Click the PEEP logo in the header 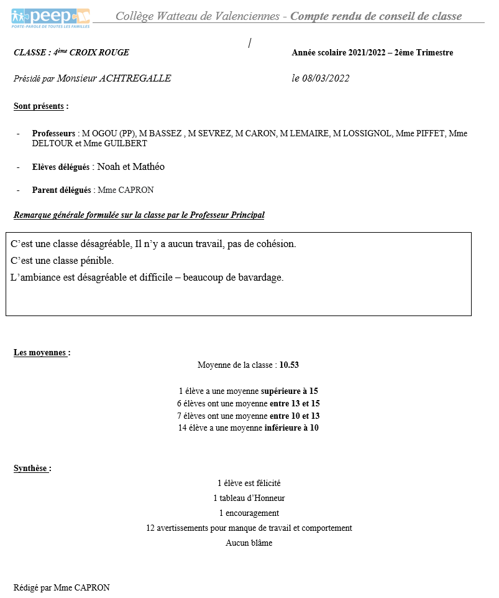[x=50, y=17]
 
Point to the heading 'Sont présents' [x=40, y=106]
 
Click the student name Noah [x=109, y=167]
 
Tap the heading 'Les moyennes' [x=41, y=353]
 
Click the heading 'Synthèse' [x=32, y=469]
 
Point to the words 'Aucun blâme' [x=249, y=543]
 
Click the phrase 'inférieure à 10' [x=291, y=428]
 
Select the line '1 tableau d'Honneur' [x=249, y=498]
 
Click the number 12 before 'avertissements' [x=150, y=528]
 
